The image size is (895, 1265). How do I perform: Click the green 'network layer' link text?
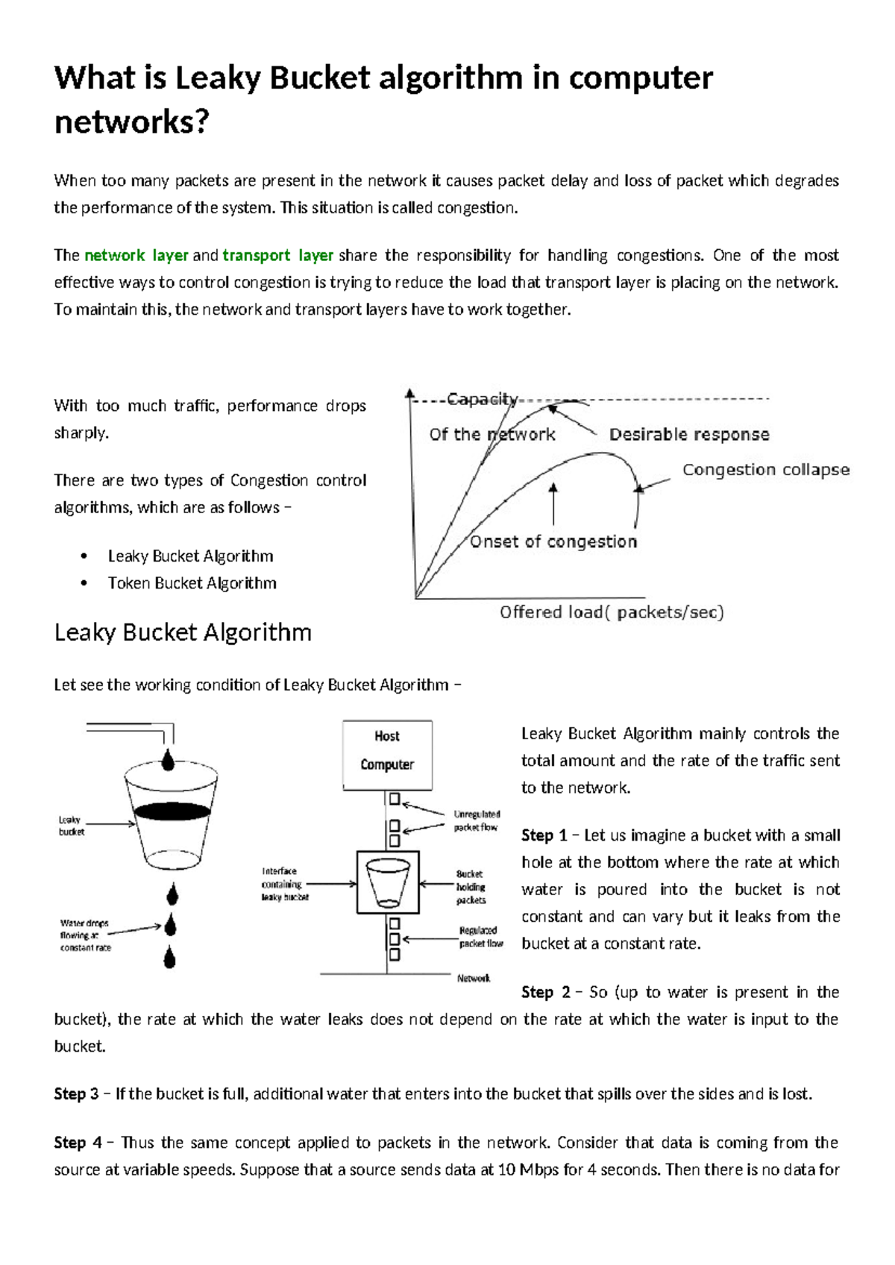(136, 256)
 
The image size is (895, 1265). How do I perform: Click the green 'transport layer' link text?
(277, 256)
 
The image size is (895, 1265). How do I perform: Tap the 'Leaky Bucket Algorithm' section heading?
(183, 632)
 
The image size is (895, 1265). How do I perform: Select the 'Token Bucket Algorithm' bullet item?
(192, 583)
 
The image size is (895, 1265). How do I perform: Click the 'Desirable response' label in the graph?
(688, 434)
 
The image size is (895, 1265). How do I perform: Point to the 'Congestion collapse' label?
(765, 470)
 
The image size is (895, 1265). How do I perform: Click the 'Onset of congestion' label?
(553, 542)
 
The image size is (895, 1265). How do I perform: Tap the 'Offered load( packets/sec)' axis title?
(612, 612)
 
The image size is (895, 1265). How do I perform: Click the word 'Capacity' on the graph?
(482, 399)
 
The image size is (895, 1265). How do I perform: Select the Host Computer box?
(387, 754)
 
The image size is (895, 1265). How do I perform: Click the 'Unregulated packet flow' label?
(477, 820)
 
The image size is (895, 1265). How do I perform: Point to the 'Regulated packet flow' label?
(480, 937)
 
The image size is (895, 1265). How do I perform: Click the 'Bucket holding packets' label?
(471, 887)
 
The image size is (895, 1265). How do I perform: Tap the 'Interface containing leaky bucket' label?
(284, 884)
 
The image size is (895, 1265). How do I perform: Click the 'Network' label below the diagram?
(474, 978)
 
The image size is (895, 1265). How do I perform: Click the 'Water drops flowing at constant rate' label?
(85, 935)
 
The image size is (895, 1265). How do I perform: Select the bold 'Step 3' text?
(76, 1094)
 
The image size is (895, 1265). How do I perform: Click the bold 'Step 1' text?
(544, 835)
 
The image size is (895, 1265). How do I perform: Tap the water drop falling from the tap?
(169, 759)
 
